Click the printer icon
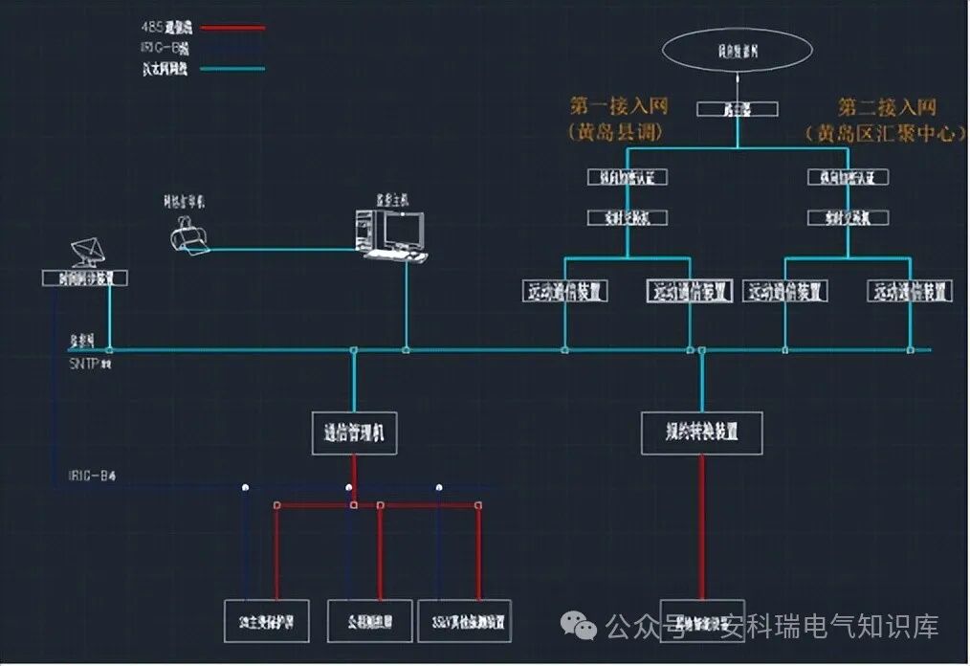coord(187,234)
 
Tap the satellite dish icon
coord(91,252)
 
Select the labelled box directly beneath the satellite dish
coord(85,278)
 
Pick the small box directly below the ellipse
coord(737,110)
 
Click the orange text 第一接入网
coord(619,106)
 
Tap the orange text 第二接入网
coord(887,106)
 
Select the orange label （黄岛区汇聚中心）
coord(885,133)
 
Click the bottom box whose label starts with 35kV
coord(463,621)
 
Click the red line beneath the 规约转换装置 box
coord(703,526)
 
